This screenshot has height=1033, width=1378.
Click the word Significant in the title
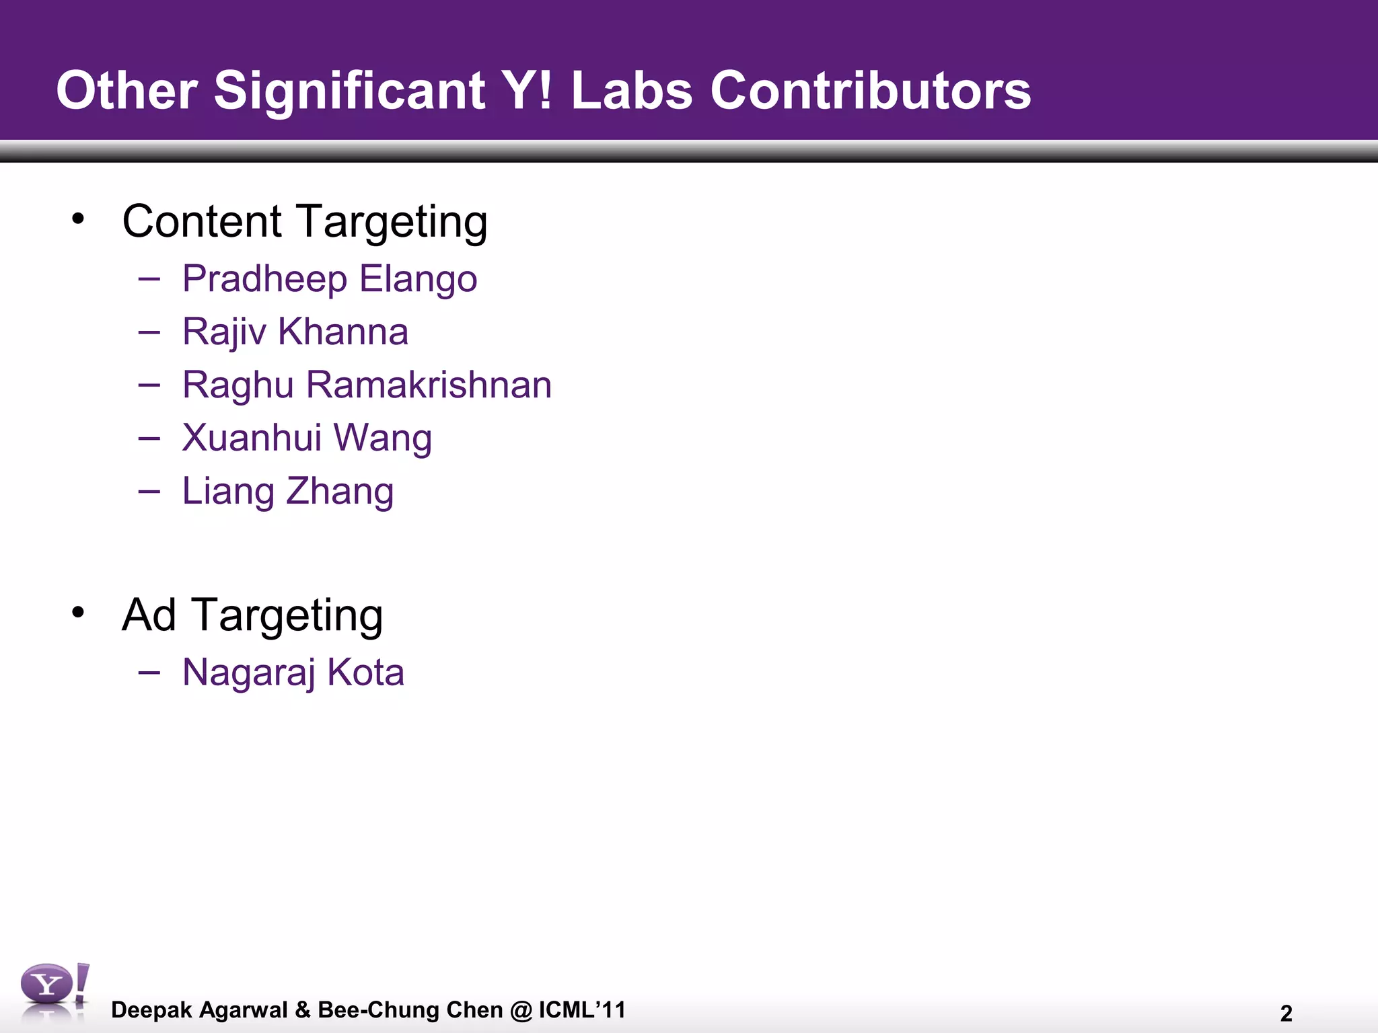pos(349,91)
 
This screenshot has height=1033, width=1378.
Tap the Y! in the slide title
pos(528,91)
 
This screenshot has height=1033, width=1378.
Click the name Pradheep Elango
pos(330,279)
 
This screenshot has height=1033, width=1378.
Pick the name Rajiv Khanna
pos(295,332)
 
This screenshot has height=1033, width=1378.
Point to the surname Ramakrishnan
pos(429,385)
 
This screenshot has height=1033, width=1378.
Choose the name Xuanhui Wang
pos(307,438)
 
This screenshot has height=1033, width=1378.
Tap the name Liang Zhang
pos(288,491)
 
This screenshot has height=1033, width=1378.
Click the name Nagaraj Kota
pos(293,672)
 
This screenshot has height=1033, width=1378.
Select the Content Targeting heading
pos(305,221)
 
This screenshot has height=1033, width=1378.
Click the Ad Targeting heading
pos(252,615)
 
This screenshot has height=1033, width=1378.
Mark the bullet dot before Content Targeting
pos(79,219)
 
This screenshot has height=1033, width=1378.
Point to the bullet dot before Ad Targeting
pos(79,612)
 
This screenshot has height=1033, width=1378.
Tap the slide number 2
pos(1286,1013)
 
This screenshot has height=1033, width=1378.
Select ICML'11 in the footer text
pos(582,1009)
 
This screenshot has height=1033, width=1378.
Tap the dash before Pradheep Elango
pos(149,278)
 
